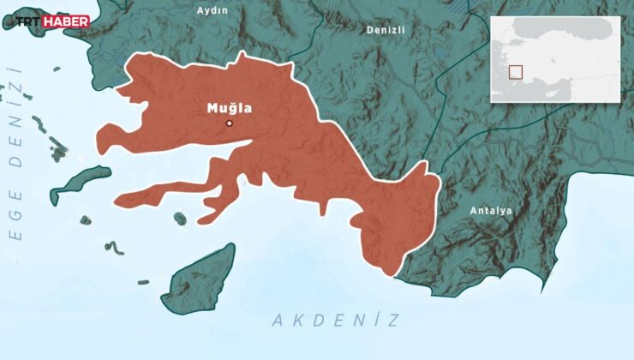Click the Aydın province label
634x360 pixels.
click(212, 10)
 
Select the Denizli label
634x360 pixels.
click(386, 29)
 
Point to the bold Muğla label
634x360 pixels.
click(229, 108)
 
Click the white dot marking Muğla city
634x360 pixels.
click(229, 123)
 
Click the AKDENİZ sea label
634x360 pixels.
click(336, 321)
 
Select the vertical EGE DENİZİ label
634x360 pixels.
click(15, 163)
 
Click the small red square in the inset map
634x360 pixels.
click(515, 73)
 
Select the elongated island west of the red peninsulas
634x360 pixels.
click(80, 182)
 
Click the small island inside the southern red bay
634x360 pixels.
click(180, 219)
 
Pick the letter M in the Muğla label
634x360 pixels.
click(213, 108)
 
